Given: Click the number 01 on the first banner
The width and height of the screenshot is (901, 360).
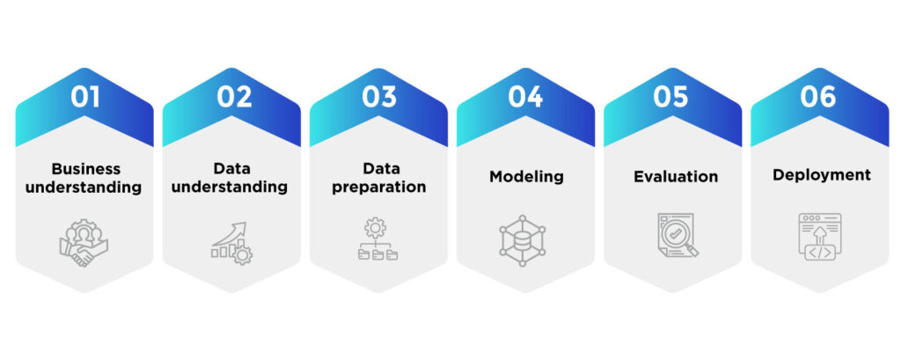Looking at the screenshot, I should click(x=85, y=97).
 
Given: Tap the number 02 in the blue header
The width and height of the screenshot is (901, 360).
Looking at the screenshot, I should click(x=233, y=97).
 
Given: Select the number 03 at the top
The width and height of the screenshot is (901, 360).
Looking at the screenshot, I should click(x=379, y=97).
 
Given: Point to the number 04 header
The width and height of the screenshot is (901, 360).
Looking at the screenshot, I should click(x=525, y=97).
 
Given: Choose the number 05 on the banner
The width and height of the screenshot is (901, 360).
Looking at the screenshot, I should click(x=671, y=97).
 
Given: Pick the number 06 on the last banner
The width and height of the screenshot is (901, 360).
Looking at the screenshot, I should click(x=818, y=97).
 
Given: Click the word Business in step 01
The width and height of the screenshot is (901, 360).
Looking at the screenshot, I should click(x=85, y=168).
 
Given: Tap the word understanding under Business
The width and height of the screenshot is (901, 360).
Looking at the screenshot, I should click(x=85, y=187).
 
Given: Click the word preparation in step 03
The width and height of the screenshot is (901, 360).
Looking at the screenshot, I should click(x=379, y=187).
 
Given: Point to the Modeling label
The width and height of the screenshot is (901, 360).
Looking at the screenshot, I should click(x=526, y=176).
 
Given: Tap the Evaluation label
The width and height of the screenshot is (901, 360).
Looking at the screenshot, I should click(x=676, y=176).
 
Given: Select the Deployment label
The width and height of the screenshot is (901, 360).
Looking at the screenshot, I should click(x=822, y=175).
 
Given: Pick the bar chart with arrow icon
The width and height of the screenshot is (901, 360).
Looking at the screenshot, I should click(x=231, y=241).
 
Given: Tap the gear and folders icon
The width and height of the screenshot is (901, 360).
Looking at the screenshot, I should click(x=377, y=240).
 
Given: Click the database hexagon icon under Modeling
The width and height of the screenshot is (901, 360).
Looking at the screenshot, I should click(x=524, y=239).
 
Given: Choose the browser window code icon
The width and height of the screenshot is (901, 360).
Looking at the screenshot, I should click(x=820, y=237).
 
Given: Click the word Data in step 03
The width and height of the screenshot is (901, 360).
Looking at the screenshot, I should click(x=379, y=168).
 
